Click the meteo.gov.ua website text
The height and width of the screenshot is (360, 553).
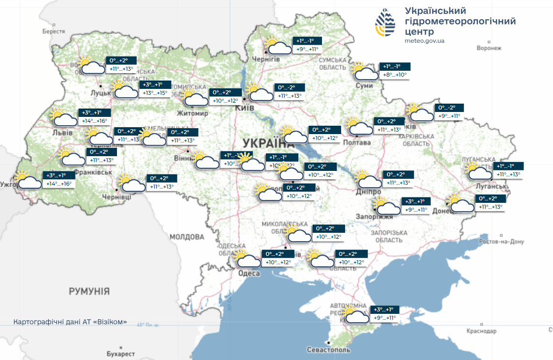(424, 41)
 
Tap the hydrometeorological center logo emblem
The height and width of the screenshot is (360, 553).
(385, 23)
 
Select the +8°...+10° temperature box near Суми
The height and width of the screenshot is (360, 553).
(395, 75)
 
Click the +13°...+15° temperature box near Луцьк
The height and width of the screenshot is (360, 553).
(155, 93)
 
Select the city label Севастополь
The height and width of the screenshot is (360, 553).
(328, 350)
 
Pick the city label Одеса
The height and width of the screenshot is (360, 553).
(248, 274)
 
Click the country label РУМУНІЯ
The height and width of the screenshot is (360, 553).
(89, 291)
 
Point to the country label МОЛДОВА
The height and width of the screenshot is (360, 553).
(186, 237)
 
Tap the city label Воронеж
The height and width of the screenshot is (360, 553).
(489, 48)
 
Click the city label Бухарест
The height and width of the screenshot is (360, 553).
(120, 354)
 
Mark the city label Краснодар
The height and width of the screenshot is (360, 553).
(482, 332)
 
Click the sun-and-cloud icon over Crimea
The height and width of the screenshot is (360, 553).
(356, 315)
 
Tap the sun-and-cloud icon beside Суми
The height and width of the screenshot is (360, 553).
(364, 72)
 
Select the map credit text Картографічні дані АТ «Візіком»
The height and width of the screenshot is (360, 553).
(70, 322)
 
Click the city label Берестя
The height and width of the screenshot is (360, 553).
(54, 31)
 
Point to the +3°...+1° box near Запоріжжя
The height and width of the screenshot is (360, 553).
(416, 201)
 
